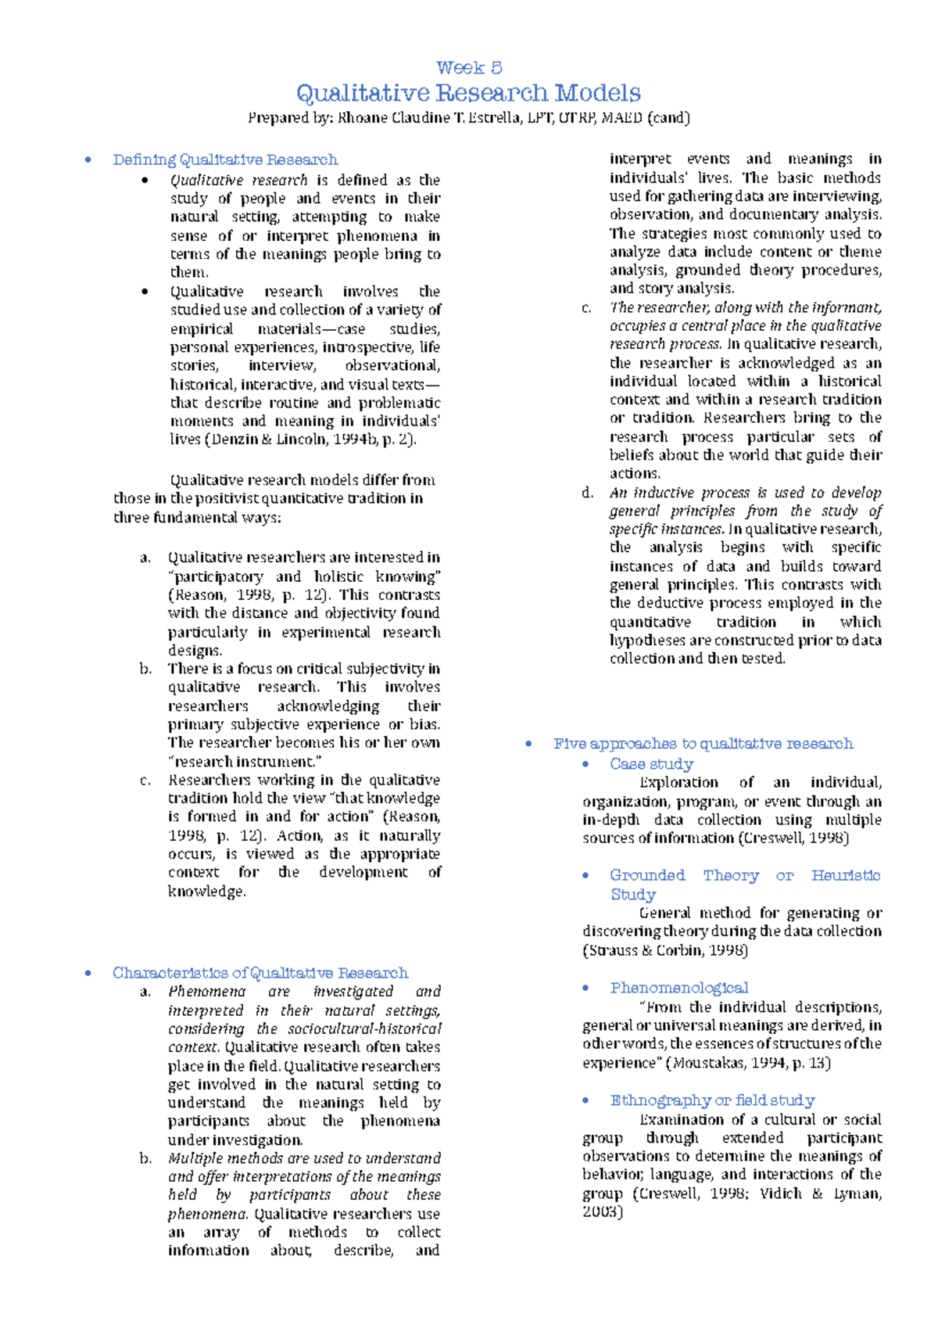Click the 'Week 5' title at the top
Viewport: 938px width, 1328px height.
point(469,68)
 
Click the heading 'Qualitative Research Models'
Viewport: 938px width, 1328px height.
point(469,93)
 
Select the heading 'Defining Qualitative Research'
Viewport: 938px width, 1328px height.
point(225,160)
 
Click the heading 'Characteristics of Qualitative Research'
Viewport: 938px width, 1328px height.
point(260,973)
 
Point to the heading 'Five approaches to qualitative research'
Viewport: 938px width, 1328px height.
point(703,744)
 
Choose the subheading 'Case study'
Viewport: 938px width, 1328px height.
point(651,764)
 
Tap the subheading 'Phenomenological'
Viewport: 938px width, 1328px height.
point(678,988)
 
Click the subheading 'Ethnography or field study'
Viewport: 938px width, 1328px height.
point(712,1100)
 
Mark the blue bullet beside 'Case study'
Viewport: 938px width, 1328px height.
point(585,764)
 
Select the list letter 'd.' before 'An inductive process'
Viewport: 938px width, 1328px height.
point(588,493)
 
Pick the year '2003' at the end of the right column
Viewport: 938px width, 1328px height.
point(602,1212)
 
